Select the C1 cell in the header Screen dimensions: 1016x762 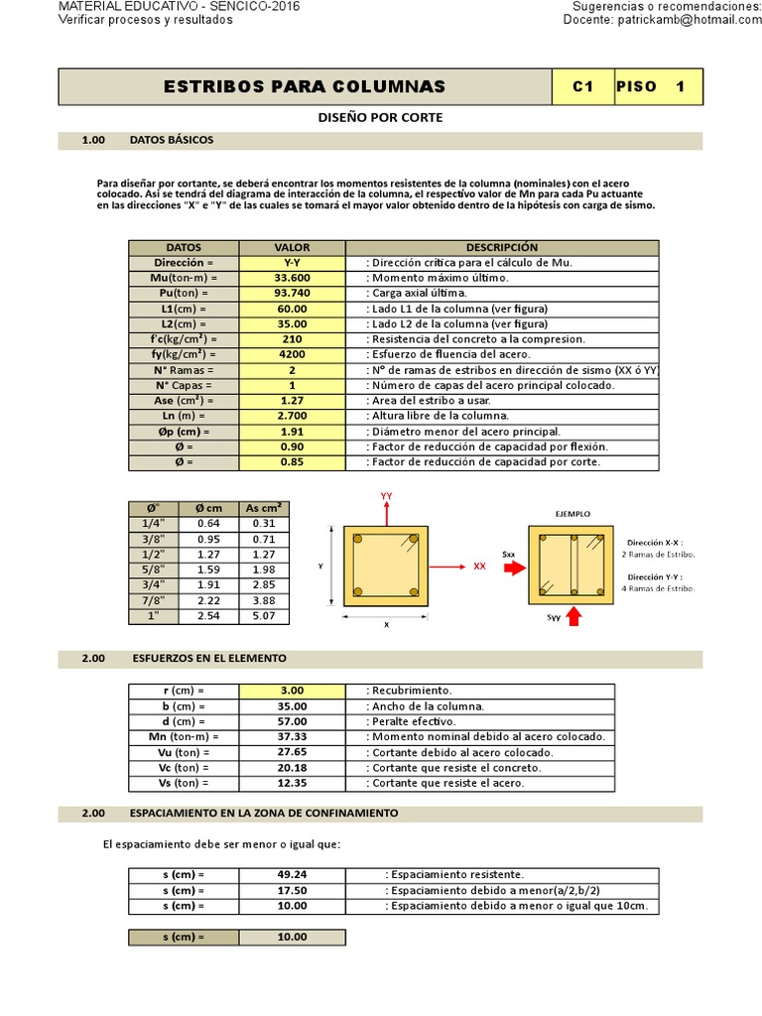[x=582, y=86]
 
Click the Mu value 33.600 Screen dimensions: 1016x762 [x=292, y=278]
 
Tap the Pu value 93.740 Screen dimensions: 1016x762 [x=292, y=293]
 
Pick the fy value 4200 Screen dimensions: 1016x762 [x=292, y=353]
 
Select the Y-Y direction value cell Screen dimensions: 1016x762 [x=292, y=262]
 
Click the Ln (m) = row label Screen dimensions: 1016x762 [x=184, y=415]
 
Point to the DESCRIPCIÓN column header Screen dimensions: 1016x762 [x=501, y=247]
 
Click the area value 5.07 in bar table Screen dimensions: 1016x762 [x=264, y=615]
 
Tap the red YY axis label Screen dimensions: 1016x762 [x=387, y=494]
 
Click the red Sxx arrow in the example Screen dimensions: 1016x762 [x=514, y=569]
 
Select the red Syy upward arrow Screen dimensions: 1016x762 [x=573, y=618]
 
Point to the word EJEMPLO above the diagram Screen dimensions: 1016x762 [x=572, y=514]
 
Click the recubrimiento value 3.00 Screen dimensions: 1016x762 [x=292, y=691]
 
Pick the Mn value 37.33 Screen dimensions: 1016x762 [x=292, y=737]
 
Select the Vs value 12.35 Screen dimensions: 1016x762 [x=292, y=783]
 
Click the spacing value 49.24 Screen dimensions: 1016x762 [x=292, y=875]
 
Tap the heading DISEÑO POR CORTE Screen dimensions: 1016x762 [x=381, y=117]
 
